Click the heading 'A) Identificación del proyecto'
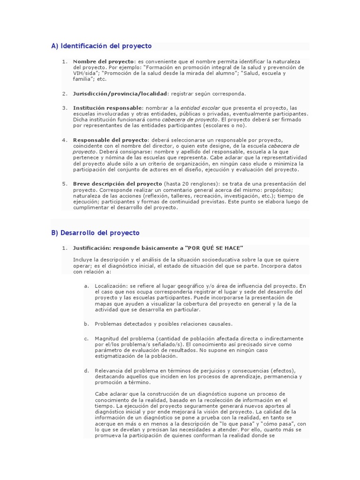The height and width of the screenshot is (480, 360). point(101,46)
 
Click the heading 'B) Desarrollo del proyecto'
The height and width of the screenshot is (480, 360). point(95,233)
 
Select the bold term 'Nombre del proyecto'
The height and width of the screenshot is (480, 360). point(104,61)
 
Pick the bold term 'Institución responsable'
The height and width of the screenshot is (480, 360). point(107,108)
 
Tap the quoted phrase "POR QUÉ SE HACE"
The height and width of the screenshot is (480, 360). point(215,248)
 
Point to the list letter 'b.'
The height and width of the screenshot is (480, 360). point(86,324)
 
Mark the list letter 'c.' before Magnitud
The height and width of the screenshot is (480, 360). point(86,338)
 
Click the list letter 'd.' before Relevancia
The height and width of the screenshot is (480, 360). point(86,371)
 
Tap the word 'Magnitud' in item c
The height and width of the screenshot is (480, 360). point(107,338)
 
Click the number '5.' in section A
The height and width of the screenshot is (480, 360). point(65,184)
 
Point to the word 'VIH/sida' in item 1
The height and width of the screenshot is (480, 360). point(84,73)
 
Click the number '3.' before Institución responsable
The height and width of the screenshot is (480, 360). point(65,108)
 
